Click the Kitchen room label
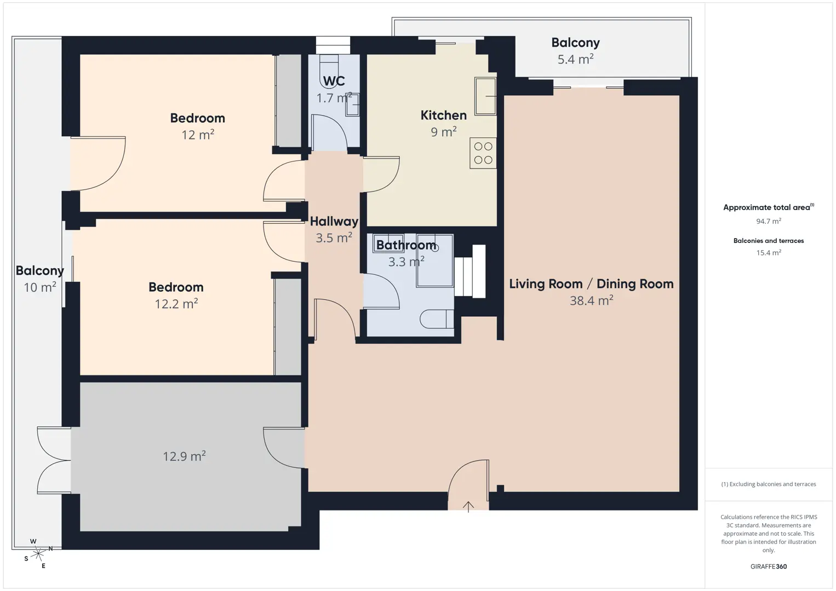tap(443, 115)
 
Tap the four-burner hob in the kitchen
tap(483, 153)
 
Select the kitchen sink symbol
tap(485, 96)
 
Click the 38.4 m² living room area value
tap(591, 300)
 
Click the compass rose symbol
tap(38, 554)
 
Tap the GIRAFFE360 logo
tap(769, 566)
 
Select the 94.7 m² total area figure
tap(769, 221)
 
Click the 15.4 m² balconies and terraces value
tap(769, 252)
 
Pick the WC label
tap(334, 81)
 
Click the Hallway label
tap(334, 222)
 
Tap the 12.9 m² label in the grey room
tap(185, 456)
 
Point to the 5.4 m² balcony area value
tap(575, 59)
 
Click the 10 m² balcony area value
tap(40, 287)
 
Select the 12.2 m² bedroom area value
tap(176, 304)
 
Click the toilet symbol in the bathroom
tap(437, 319)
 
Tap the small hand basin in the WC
tap(352, 105)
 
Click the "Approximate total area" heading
tap(769, 207)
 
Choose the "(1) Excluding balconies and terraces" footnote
tap(769, 484)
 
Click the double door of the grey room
tap(54, 460)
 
